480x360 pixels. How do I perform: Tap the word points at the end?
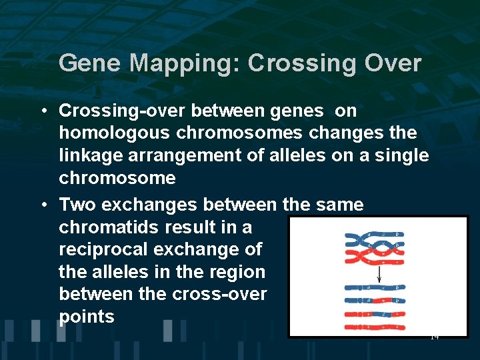87,317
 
